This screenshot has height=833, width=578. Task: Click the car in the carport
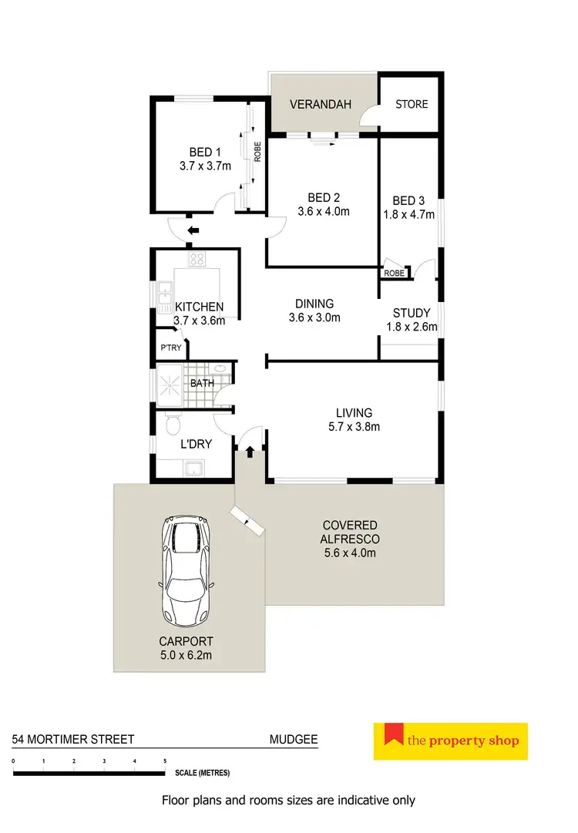[187, 572]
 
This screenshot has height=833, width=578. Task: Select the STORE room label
[412, 104]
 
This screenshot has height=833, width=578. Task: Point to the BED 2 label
[324, 198]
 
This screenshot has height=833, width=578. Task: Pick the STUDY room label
[410, 313]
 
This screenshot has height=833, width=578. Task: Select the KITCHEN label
[199, 307]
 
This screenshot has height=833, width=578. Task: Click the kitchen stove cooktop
[196, 259]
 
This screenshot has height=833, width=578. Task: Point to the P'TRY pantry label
[170, 348]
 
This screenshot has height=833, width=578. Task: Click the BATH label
[202, 383]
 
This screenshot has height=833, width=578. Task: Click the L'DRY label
[196, 444]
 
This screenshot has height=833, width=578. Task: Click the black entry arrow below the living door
[250, 453]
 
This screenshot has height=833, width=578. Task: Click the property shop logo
[451, 741]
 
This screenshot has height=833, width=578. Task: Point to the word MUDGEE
[293, 739]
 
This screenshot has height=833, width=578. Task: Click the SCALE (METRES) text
[202, 772]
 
